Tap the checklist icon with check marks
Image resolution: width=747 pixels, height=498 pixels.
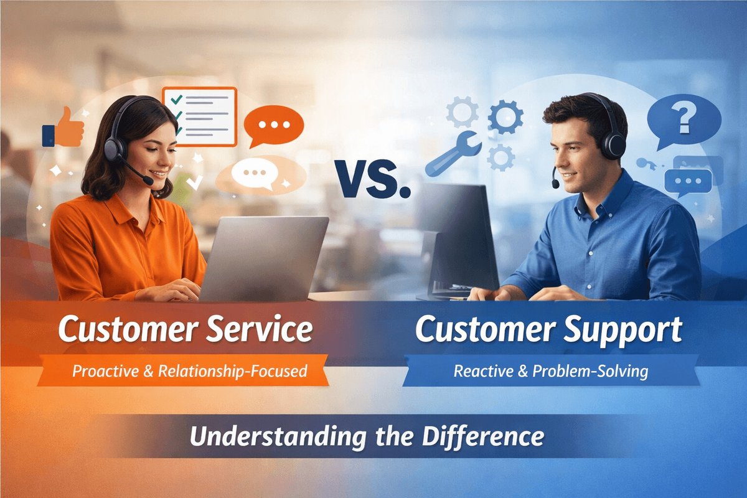(x=199, y=116)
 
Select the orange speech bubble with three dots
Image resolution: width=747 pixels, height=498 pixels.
(x=273, y=125)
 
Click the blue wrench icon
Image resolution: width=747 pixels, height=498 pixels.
(x=453, y=153)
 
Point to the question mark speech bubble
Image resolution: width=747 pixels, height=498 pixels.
(x=683, y=118)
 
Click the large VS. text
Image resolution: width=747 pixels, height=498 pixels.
(x=372, y=178)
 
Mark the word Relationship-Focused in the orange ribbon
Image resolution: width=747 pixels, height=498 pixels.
(x=233, y=372)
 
